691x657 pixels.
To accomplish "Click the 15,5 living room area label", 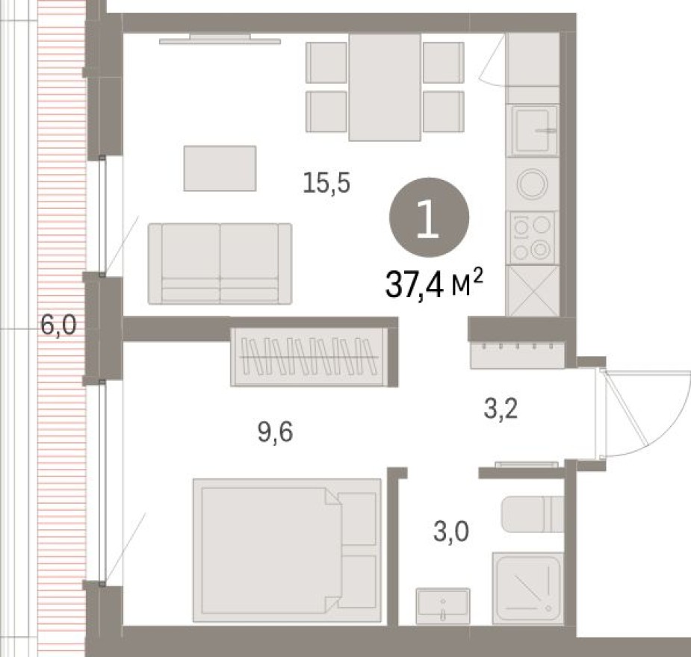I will coord(326,183).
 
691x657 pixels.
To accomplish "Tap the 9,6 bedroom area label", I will coord(275,432).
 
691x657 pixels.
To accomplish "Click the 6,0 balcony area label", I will coord(58,326).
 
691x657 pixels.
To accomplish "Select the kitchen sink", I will coord(533,130).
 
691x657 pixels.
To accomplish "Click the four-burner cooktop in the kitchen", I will coord(533,237).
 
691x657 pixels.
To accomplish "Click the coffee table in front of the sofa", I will coord(220,168).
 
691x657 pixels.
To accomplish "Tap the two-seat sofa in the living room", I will coord(220,264).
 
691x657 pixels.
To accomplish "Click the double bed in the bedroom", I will coord(286,549).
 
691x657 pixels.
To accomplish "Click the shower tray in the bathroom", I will coord(527,587).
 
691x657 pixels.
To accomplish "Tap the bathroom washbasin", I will coord(444,605).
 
